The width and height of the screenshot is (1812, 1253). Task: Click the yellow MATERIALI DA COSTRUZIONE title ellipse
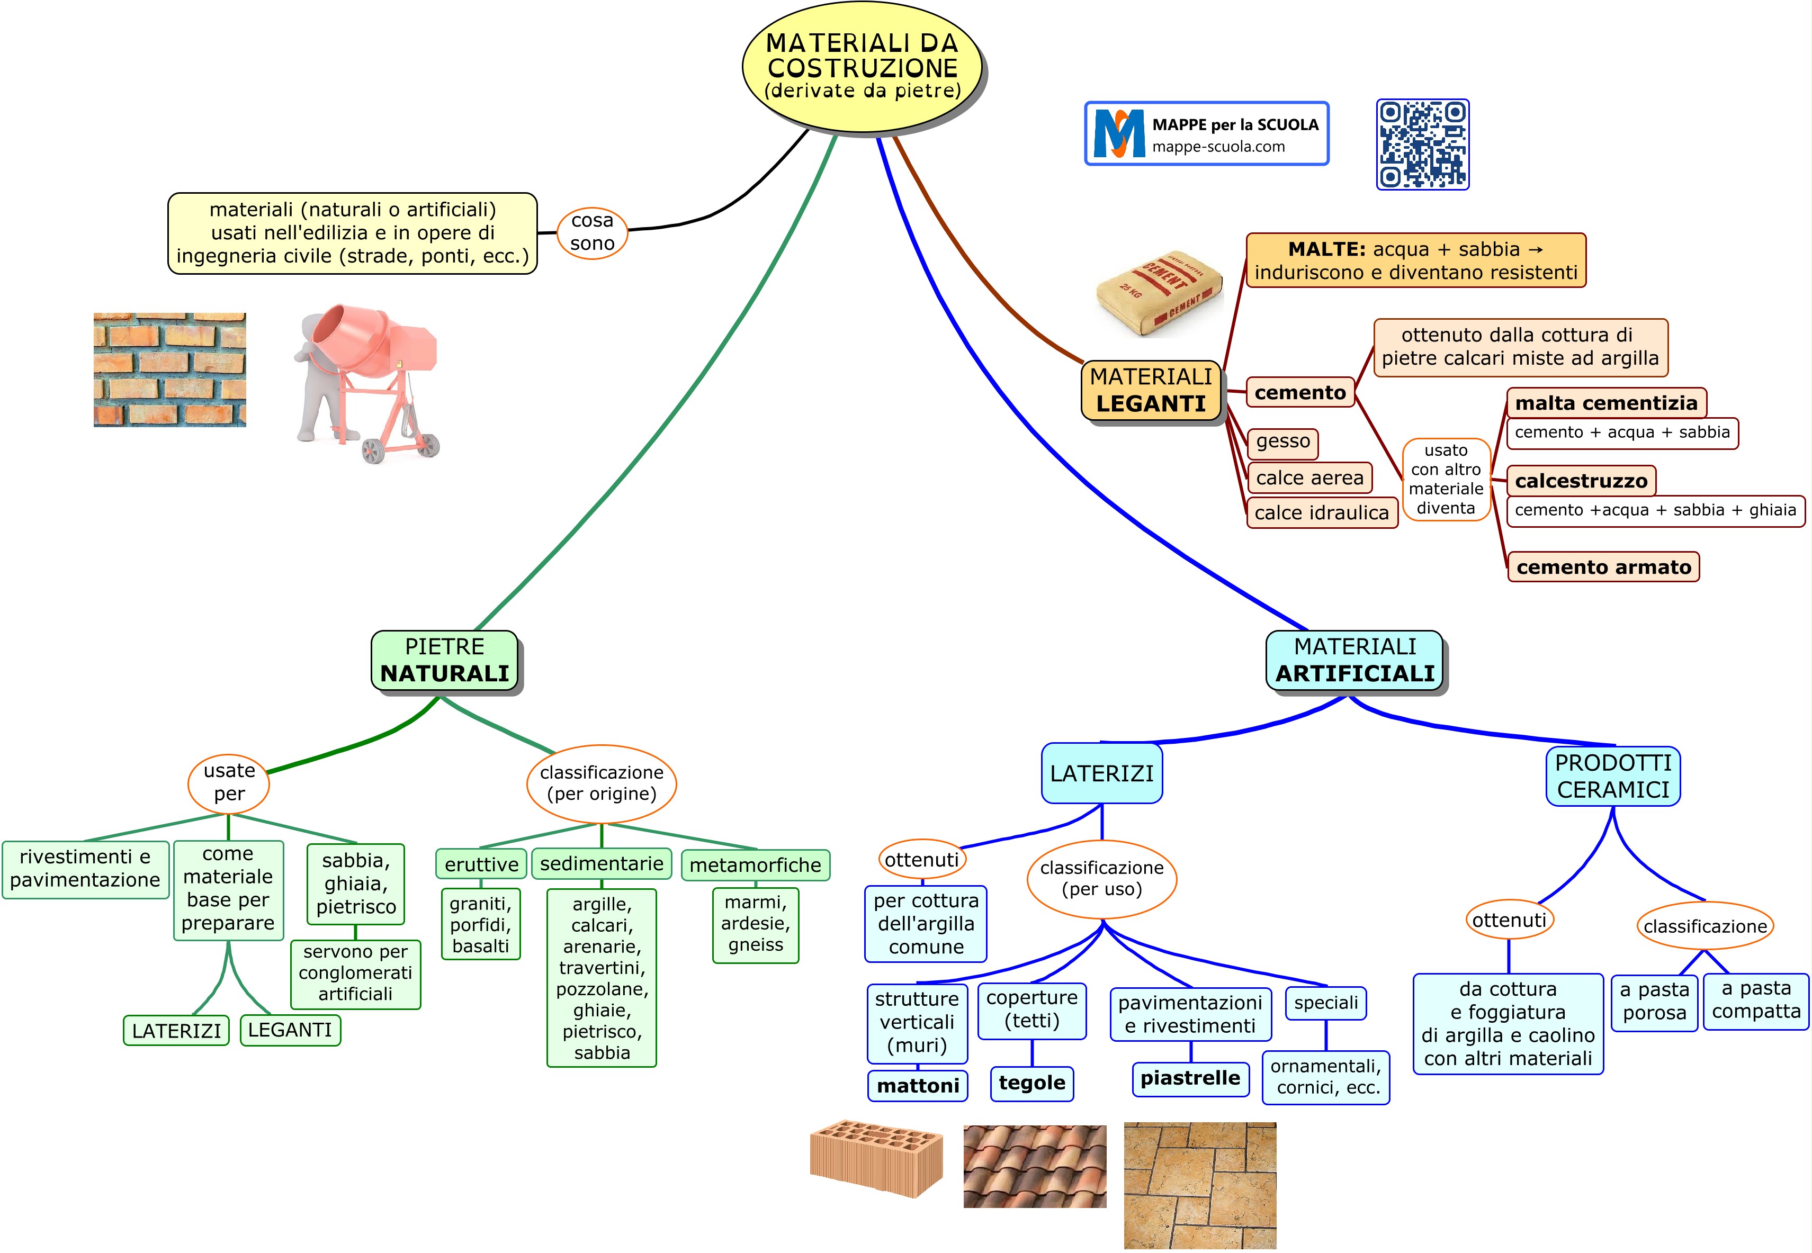click(862, 67)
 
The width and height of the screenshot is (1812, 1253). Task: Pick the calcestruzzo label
click(1581, 481)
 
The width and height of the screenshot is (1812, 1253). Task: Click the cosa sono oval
click(592, 232)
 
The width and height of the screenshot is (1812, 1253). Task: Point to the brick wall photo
click(169, 370)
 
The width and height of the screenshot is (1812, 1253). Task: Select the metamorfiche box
click(755, 865)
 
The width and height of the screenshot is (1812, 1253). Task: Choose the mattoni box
click(917, 1086)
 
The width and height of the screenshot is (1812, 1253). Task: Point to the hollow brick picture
click(876, 1158)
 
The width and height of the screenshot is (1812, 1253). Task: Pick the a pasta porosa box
click(1654, 1001)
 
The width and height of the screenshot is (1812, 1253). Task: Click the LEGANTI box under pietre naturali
click(290, 1030)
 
